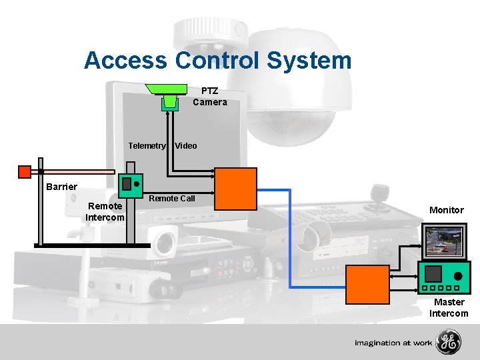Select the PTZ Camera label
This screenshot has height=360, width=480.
(x=209, y=97)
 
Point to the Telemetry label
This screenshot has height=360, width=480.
(x=147, y=145)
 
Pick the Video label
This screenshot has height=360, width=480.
(x=186, y=145)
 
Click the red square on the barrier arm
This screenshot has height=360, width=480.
(x=24, y=171)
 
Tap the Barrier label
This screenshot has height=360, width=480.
(x=61, y=187)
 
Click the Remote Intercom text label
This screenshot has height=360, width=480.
(x=105, y=211)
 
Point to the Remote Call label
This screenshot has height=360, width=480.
(x=172, y=198)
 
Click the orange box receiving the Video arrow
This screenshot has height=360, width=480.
(x=235, y=188)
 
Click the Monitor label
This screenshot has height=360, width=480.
(x=446, y=210)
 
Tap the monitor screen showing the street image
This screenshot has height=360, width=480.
(x=444, y=241)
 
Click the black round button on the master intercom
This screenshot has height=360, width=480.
(x=458, y=275)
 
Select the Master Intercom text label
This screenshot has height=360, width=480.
(x=449, y=307)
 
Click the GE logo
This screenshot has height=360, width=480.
(x=448, y=343)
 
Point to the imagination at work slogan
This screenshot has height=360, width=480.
(x=393, y=343)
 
